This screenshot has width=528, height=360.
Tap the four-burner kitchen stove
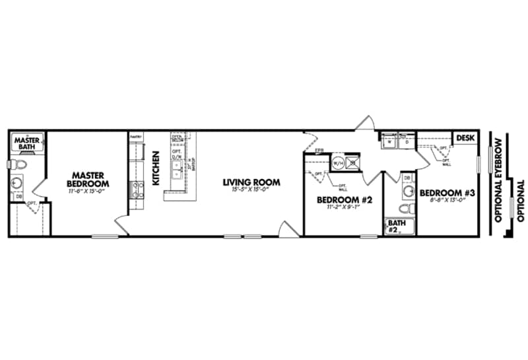(x=138, y=190)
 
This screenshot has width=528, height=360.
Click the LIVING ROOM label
(x=251, y=182)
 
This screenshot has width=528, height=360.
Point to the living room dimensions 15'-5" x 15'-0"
(x=251, y=190)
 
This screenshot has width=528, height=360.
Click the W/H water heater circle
(x=337, y=162)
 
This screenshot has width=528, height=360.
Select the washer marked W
(x=390, y=141)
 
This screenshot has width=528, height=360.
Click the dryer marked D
(x=407, y=141)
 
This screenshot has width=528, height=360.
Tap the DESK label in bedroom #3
(x=466, y=137)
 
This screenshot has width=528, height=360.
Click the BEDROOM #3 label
(x=447, y=193)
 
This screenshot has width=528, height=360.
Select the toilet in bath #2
(x=408, y=208)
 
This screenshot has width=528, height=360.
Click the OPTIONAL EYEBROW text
(x=499, y=179)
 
